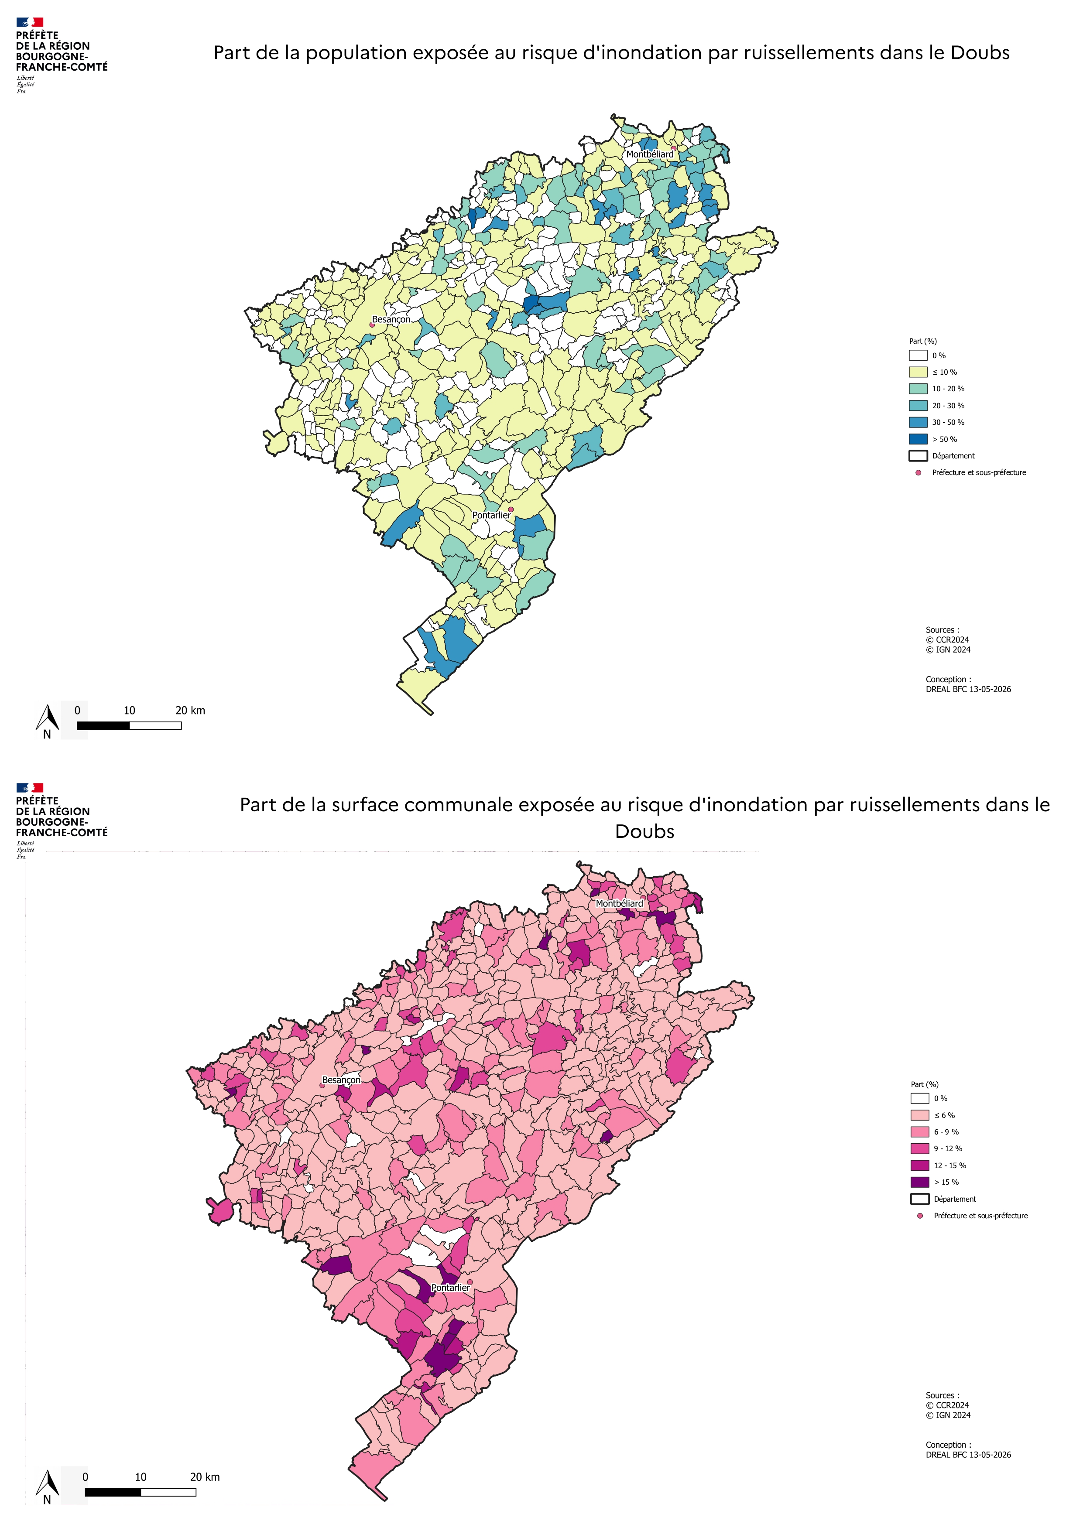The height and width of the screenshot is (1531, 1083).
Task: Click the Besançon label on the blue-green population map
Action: [x=391, y=319]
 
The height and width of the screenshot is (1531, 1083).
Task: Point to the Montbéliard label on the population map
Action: [x=650, y=154]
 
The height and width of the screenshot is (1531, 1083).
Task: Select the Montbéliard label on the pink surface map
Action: [x=620, y=903]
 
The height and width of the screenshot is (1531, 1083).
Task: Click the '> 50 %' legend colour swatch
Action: [x=918, y=439]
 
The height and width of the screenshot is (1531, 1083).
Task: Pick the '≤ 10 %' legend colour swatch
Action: [x=918, y=372]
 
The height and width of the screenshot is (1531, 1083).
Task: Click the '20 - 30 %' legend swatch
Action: [x=918, y=405]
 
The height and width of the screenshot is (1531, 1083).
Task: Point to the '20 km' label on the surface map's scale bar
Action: [x=205, y=1477]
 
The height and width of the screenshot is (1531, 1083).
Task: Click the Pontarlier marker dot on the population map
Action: [x=511, y=509]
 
